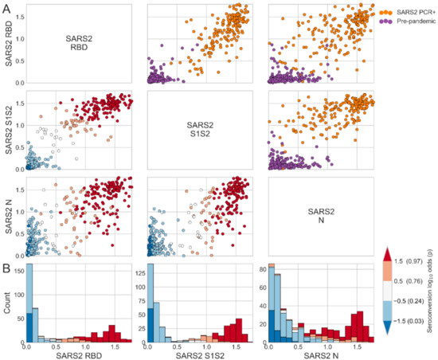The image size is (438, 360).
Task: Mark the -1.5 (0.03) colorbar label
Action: pos(409,326)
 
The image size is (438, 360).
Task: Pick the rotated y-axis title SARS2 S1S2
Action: pos(7,131)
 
